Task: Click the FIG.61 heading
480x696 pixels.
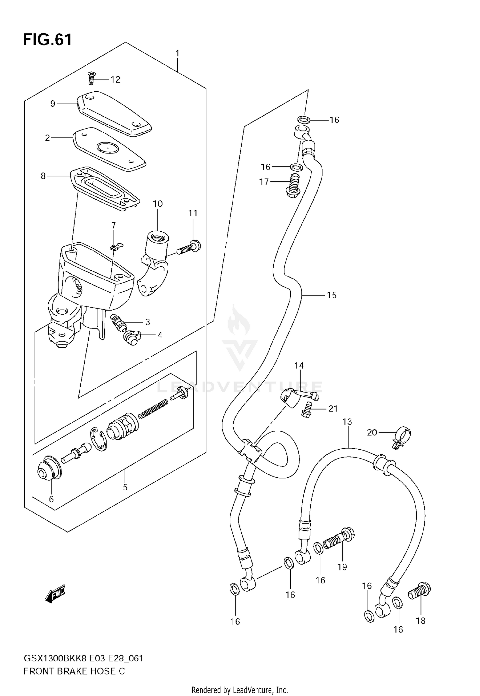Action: tap(47, 40)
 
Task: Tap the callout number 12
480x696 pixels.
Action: tap(115, 79)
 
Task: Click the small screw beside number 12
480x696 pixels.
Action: tap(91, 78)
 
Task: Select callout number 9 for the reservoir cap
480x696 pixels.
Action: tap(53, 104)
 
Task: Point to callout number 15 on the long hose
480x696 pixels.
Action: tap(332, 295)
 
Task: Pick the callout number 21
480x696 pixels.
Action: tap(333, 409)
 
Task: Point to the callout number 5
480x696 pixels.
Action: tap(125, 487)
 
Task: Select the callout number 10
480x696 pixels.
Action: tap(158, 204)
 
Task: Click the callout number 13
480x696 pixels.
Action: tap(347, 422)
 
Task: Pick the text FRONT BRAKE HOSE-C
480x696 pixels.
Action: tap(74, 671)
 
